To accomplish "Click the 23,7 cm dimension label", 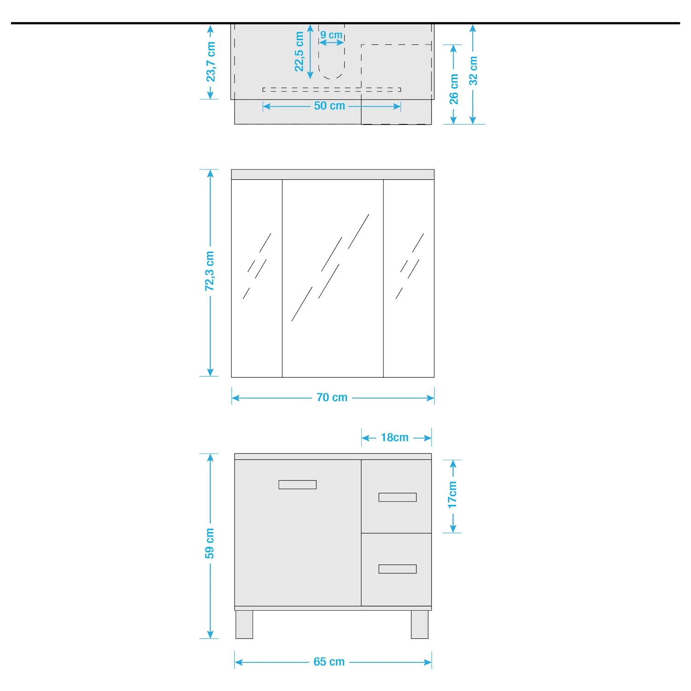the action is (x=211, y=62).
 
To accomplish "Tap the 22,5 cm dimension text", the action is (x=299, y=52).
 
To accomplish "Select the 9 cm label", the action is (x=331, y=35).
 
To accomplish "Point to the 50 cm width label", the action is (x=329, y=106).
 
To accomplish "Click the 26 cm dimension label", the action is (x=454, y=89).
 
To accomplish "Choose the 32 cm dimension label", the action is (x=473, y=70).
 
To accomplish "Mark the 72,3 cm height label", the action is (x=210, y=271).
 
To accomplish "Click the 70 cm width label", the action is (x=332, y=398).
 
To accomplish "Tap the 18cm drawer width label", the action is (x=395, y=438).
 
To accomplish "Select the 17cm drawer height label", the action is (x=452, y=495).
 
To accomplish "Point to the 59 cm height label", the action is (x=210, y=544).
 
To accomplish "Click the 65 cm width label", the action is (x=329, y=662).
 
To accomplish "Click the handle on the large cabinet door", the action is (x=298, y=485).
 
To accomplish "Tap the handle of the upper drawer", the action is (x=398, y=497).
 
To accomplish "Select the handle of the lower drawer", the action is (x=398, y=569).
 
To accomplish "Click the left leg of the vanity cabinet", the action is (x=244, y=625).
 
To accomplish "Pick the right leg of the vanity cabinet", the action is (x=420, y=625).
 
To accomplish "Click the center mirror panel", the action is (x=333, y=278).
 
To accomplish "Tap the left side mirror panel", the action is (x=257, y=278).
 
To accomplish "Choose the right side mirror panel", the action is (x=409, y=278).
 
